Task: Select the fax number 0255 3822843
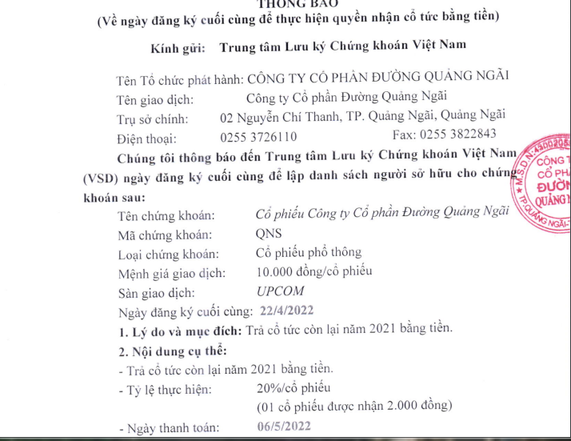[x=451, y=134]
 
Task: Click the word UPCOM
[x=281, y=292]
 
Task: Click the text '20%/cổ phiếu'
[x=282, y=390]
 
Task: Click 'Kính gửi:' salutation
[x=178, y=47]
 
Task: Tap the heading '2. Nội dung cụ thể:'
[x=172, y=351]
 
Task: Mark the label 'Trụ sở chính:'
[x=153, y=118]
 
